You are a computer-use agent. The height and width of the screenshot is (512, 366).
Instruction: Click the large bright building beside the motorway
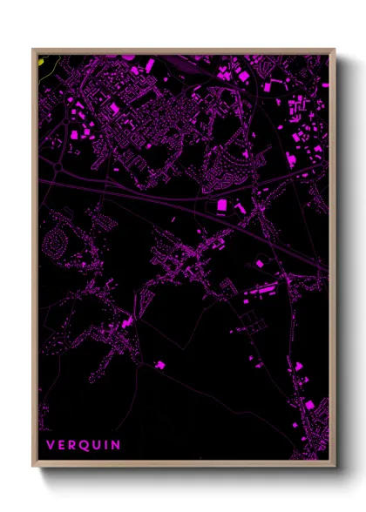point(221,204)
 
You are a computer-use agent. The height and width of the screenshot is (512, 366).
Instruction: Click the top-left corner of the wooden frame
point(34,50)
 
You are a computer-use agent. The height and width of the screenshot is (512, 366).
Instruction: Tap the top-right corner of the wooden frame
point(334,50)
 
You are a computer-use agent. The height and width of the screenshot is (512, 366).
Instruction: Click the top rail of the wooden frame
point(183,51)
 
